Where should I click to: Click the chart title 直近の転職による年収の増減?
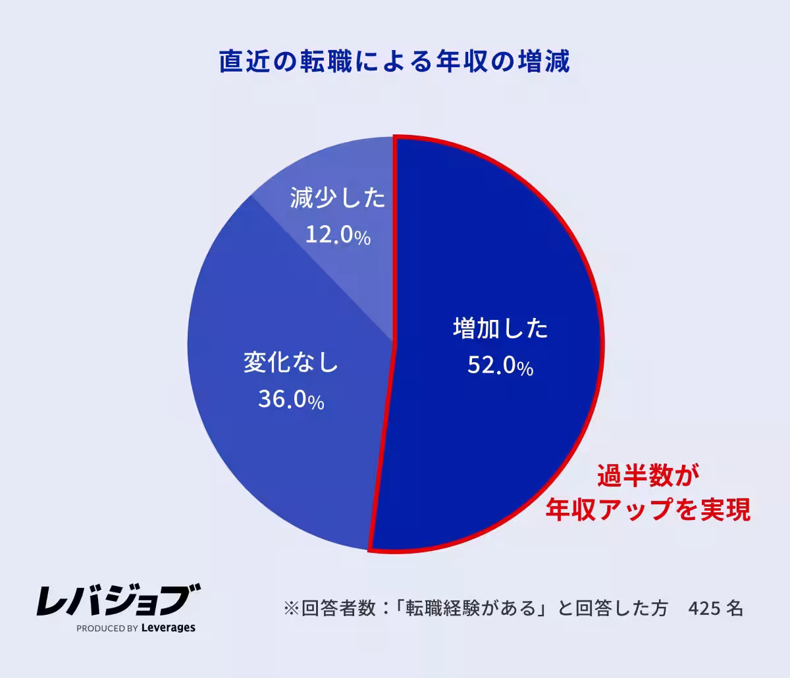click(394, 62)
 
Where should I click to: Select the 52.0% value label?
click(500, 365)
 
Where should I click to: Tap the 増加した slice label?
click(500, 328)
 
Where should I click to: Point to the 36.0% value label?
click(291, 400)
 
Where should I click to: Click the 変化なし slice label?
click(291, 362)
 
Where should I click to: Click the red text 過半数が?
click(647, 475)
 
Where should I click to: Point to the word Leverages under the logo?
click(169, 628)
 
